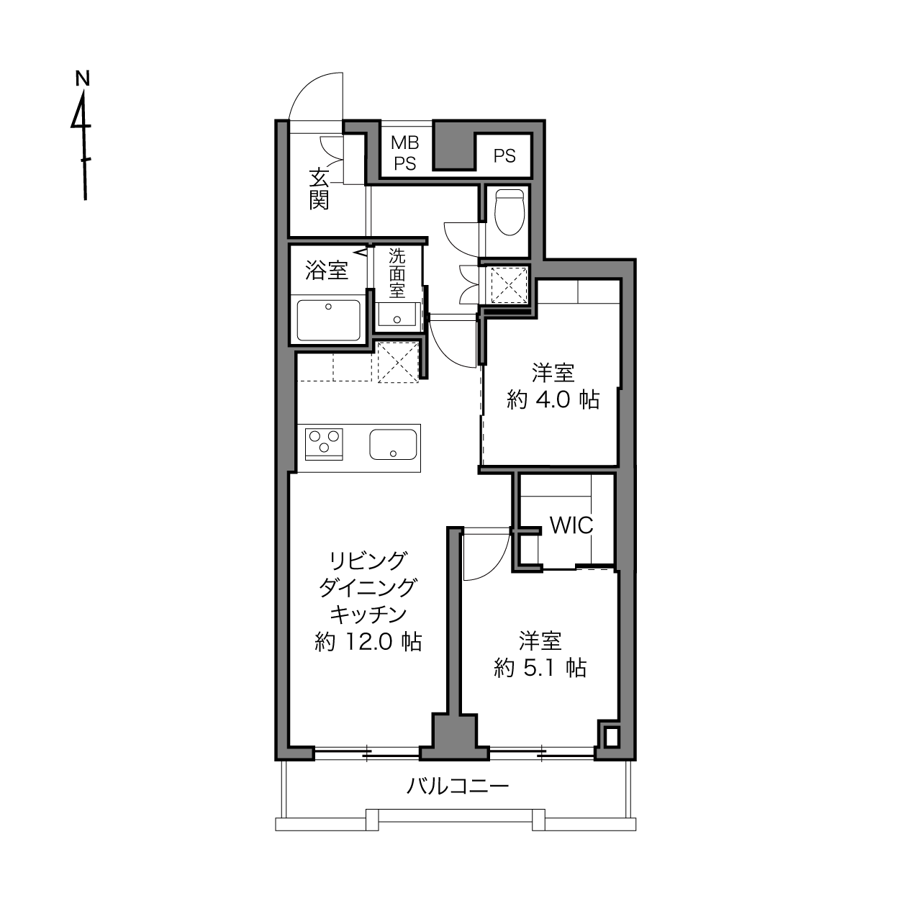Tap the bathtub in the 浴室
(x=329, y=320)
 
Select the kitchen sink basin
(x=393, y=444)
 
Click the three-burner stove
(x=324, y=444)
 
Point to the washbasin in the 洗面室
(x=397, y=314)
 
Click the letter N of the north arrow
(x=83, y=78)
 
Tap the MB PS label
(x=405, y=153)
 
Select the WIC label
(x=571, y=525)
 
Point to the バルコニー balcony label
(x=457, y=787)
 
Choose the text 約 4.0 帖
(x=553, y=400)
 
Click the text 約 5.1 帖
(x=540, y=668)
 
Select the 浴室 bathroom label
(x=327, y=271)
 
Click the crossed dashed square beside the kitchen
(x=398, y=363)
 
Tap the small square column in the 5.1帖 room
(x=612, y=738)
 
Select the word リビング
(x=367, y=561)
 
